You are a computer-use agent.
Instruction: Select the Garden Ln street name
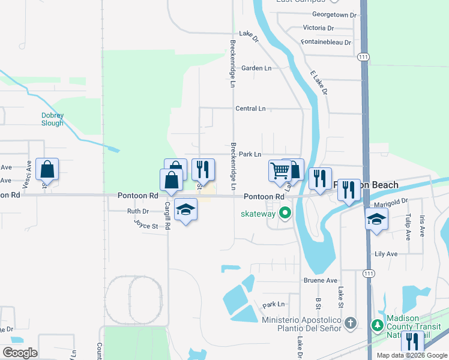[256, 68]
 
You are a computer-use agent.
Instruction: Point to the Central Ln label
[250, 109]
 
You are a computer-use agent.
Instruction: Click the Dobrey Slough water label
[52, 119]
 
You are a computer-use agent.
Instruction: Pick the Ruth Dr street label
[137, 211]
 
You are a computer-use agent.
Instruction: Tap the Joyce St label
[146, 226]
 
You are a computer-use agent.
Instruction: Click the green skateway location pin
[286, 213]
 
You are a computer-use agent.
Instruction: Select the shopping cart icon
[280, 171]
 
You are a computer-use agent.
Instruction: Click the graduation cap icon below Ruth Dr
[186, 210]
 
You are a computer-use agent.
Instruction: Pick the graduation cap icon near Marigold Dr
[376, 218]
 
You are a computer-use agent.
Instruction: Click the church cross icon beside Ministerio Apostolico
[351, 324]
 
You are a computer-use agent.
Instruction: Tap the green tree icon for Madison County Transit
[377, 326]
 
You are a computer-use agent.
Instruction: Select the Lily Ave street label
[386, 254]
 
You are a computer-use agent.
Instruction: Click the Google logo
[20, 353]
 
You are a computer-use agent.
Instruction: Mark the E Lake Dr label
[319, 82]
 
